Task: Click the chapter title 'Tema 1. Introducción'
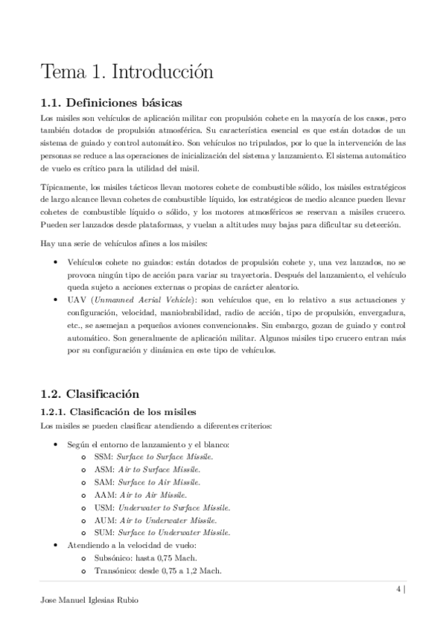(x=127, y=72)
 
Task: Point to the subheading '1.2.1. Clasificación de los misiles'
(x=118, y=411)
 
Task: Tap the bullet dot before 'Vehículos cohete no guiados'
(x=57, y=263)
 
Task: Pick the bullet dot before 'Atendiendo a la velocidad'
(x=57, y=545)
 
